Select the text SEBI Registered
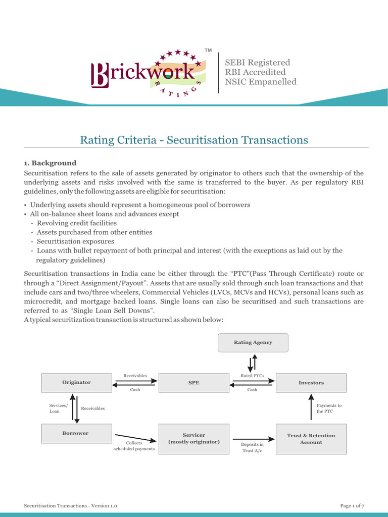[257, 62]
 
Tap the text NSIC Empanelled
[261, 82]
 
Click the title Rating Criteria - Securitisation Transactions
[194, 140]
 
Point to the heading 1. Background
[50, 163]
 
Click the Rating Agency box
[253, 342]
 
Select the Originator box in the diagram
[76, 383]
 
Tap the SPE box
[194, 383]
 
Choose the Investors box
[311, 383]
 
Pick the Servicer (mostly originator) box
[194, 438]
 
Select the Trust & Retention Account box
[311, 438]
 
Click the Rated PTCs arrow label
[252, 376]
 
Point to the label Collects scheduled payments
[134, 446]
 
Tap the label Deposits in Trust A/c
[252, 447]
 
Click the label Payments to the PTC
[329, 408]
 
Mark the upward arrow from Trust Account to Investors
[310, 408]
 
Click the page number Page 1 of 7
[352, 505]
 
